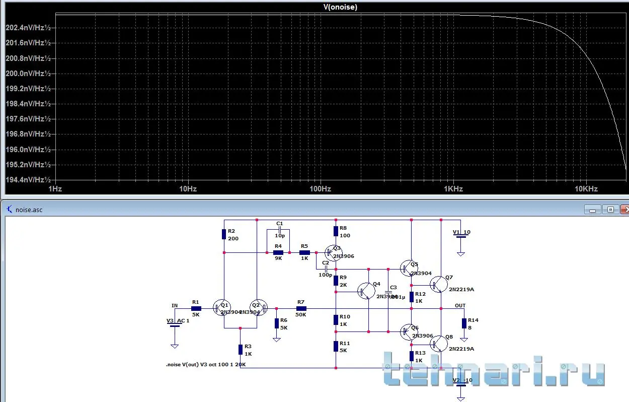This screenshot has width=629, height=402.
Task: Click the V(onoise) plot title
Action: pos(341,7)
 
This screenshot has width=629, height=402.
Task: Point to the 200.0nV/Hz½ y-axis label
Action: pos(28,74)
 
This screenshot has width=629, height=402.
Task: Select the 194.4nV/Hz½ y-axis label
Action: pos(28,180)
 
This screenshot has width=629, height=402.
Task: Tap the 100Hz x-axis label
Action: pos(320,189)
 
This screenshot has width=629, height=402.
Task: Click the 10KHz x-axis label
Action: pos(586,189)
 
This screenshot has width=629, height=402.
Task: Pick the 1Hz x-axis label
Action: pos(55,189)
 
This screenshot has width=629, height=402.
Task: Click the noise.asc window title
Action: pos(29,210)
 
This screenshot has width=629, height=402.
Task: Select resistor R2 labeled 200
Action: pos(224,234)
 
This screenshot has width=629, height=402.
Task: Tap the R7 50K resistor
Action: pos(301,308)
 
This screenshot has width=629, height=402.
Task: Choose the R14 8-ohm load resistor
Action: pos(464,323)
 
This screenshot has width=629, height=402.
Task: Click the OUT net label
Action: pos(460,305)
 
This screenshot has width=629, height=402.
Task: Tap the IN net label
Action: pos(174,305)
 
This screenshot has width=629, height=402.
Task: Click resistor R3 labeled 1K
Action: pos(241,350)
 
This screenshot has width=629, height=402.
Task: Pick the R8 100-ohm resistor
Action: pos(336,231)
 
